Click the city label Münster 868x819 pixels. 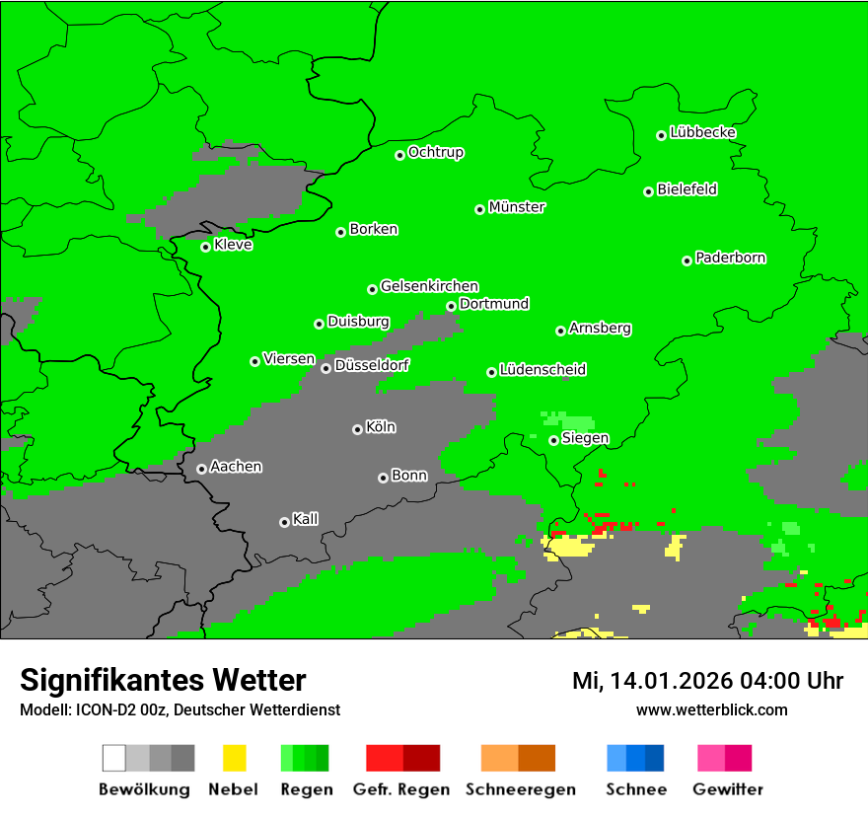point(517,207)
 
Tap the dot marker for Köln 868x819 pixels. point(357,429)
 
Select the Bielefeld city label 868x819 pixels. point(687,189)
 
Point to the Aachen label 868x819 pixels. point(236,467)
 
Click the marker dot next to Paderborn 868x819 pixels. point(687,261)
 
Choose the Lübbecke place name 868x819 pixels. point(703,132)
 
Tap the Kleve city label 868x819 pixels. point(233,245)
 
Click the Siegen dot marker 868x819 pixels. point(553,440)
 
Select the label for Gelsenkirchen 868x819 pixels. point(429,286)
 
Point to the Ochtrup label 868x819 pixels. point(436,153)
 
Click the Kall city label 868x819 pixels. point(306,519)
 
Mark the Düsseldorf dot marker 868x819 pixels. point(325,368)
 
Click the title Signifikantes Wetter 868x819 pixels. point(163,680)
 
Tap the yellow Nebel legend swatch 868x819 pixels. point(234,758)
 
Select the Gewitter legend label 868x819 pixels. point(728,789)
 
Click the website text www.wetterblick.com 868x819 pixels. point(711,709)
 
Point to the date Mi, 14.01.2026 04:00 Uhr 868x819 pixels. point(707,681)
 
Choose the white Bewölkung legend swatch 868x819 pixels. point(114,758)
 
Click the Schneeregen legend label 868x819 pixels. point(519,789)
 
